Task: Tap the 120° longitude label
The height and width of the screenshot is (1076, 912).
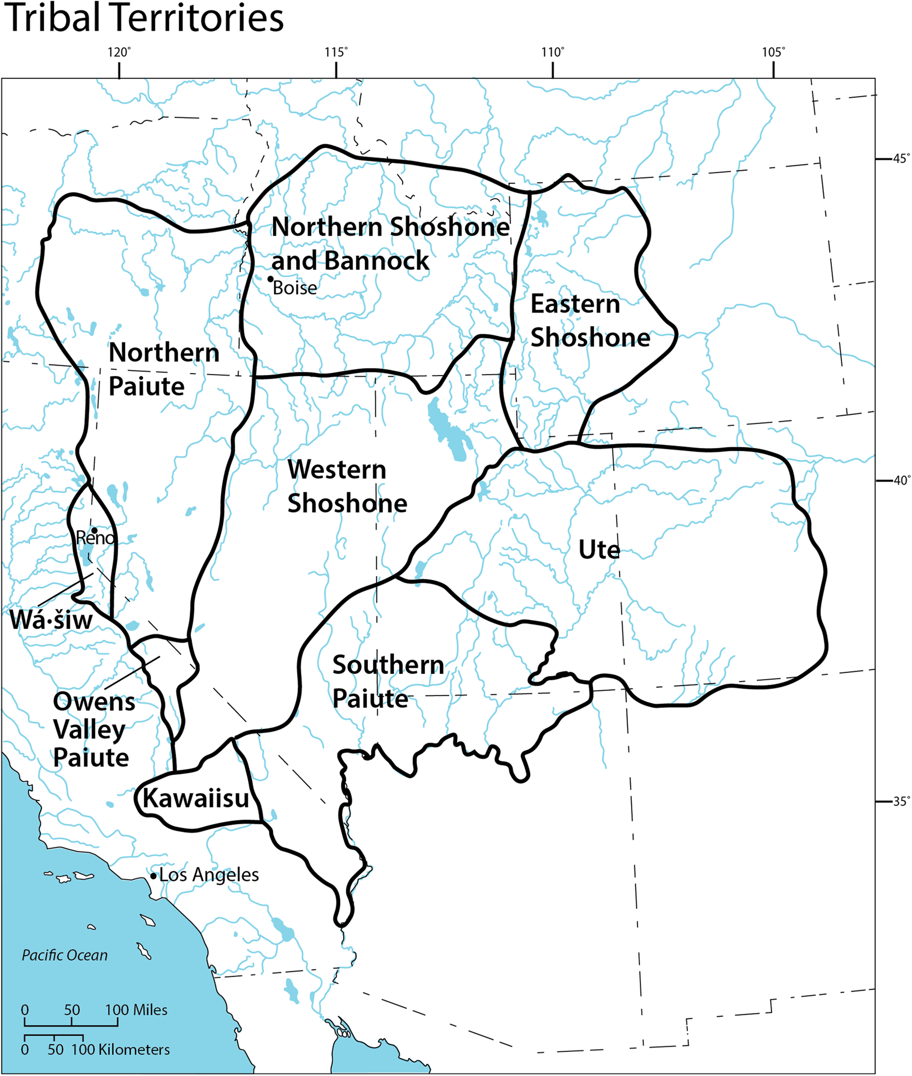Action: point(119,52)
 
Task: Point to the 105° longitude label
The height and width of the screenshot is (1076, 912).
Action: point(773,52)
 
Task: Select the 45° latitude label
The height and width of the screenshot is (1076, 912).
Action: point(901,158)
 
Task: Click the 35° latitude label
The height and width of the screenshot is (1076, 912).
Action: point(901,801)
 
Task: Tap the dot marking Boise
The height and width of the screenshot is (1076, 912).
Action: point(270,279)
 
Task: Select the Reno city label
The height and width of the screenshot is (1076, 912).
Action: point(95,538)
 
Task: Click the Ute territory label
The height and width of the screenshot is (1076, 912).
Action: point(599,549)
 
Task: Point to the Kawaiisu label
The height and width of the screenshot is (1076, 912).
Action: point(196,799)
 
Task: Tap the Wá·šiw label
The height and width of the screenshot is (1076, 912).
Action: point(51,620)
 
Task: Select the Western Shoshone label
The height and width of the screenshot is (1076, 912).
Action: point(347,486)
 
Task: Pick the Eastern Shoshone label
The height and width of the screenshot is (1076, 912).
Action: point(589,320)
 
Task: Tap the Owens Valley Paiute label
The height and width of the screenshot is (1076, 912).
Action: point(93,730)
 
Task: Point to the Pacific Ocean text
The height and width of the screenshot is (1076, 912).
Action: point(65,955)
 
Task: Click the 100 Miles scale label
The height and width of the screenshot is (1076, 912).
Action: point(137,1010)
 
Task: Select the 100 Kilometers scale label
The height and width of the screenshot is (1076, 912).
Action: point(121,1050)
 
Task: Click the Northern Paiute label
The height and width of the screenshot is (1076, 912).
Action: point(163,369)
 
